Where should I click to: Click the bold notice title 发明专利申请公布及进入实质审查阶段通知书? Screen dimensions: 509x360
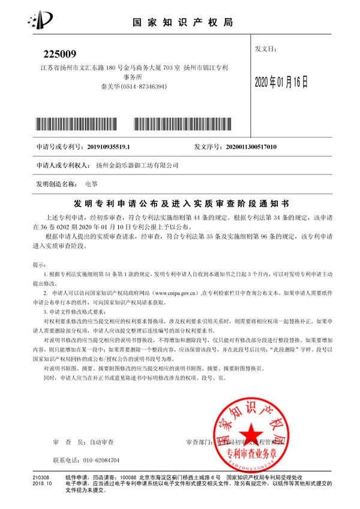(x=181, y=201)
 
